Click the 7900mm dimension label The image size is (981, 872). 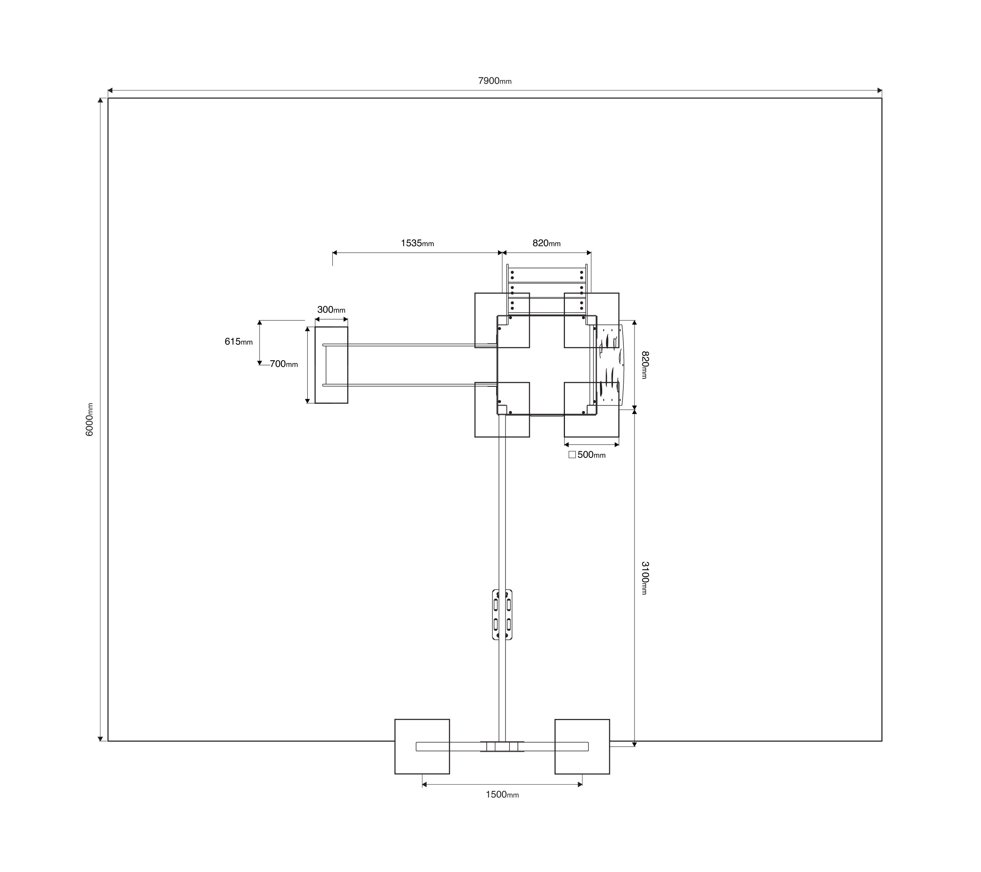[495, 81]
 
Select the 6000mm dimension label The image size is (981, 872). [89, 419]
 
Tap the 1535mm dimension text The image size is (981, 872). [417, 243]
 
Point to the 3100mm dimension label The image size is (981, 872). [645, 578]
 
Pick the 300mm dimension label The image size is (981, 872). [331, 310]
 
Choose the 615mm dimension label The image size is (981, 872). [238, 342]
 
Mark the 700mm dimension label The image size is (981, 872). [284, 364]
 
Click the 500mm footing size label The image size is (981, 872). [591, 454]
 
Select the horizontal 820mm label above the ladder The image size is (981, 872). [546, 243]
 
